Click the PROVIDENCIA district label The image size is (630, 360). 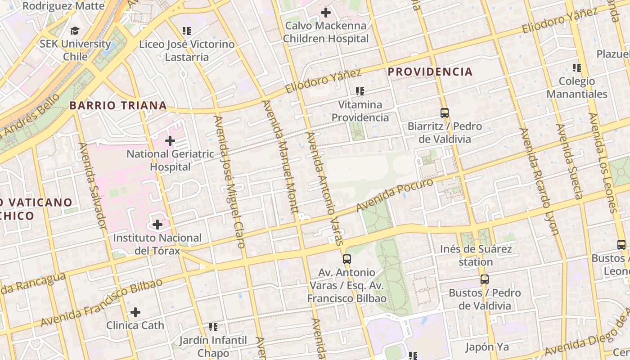[430, 72]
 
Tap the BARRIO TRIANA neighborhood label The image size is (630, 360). [118, 106]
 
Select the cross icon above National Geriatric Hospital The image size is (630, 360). [170, 141]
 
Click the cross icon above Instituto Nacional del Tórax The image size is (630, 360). [157, 224]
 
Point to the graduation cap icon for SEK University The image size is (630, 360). [75, 31]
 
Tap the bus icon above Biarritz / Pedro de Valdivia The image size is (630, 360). [445, 113]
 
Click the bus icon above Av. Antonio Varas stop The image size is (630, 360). [346, 259]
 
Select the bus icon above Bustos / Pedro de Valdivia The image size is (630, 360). [484, 279]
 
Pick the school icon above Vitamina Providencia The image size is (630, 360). [360, 91]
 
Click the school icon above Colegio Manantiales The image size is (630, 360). [576, 68]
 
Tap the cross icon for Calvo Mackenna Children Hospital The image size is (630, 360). [326, 13]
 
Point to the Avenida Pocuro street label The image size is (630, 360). [395, 194]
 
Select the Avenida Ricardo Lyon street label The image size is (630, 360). [539, 181]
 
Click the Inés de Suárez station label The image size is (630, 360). [476, 255]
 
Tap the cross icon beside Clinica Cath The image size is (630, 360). [135, 312]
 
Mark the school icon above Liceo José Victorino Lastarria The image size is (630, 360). [187, 31]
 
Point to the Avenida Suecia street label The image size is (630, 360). [569, 161]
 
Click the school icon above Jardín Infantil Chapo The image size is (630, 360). [213, 327]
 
